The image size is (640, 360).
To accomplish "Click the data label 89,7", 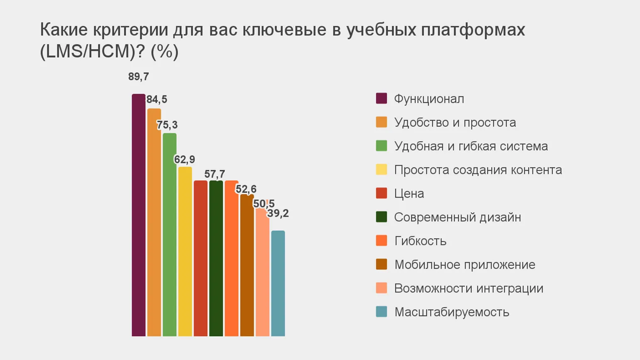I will (138, 76).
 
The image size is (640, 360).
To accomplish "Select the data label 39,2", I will (278, 213).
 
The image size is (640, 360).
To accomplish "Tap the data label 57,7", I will (214, 174).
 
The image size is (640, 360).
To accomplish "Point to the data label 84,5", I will (157, 99).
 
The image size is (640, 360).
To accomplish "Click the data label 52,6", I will (246, 189).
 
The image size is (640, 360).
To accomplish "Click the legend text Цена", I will (409, 193).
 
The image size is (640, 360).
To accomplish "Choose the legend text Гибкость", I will (420, 241).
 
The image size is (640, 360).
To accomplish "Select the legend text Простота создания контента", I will (478, 170).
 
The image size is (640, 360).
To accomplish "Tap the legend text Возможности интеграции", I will (468, 288).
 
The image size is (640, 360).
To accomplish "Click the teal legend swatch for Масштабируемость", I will (381, 312).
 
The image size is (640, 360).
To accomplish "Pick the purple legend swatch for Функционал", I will (381, 99).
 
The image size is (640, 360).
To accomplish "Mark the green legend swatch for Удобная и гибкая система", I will (381, 146).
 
